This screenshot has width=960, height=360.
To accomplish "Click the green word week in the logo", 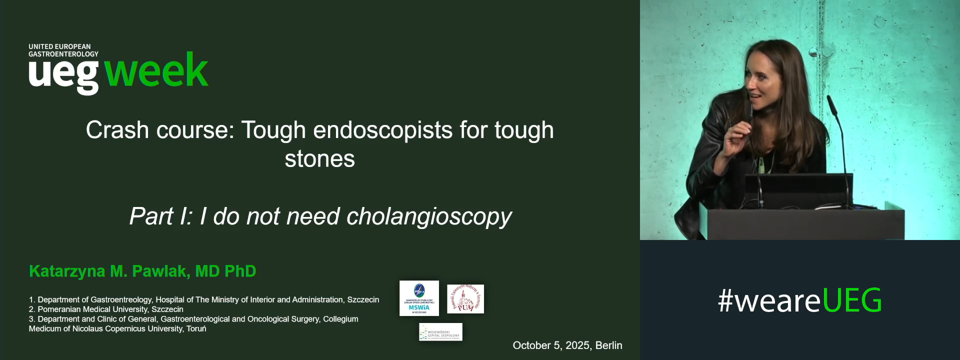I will [156, 71].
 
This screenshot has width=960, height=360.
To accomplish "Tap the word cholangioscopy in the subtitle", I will [429, 216].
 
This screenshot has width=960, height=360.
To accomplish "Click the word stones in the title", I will [319, 159].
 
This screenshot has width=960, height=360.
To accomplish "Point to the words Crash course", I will [159, 130].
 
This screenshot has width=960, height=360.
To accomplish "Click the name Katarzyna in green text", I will [67, 271].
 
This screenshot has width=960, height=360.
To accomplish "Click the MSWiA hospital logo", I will [419, 298].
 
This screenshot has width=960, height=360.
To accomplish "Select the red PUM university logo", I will [465, 299].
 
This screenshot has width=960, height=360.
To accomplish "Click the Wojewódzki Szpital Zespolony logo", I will [440, 332].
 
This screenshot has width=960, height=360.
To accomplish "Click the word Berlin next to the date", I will [608, 345].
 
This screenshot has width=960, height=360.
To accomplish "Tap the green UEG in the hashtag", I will [851, 300].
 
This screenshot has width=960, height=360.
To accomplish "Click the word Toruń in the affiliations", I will [196, 328].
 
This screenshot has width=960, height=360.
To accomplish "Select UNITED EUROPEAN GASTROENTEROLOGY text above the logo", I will [63, 50].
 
